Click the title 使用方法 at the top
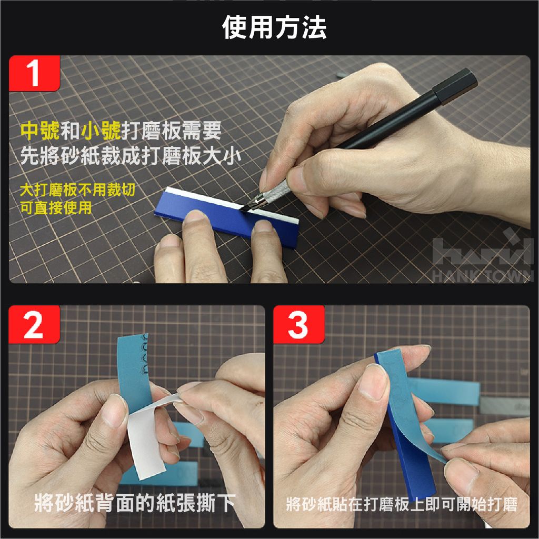(x=274, y=27)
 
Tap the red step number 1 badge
(x=34, y=73)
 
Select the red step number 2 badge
(x=34, y=324)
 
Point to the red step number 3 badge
(x=299, y=324)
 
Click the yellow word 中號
(x=40, y=131)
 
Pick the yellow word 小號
(x=101, y=131)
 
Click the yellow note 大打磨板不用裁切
(x=78, y=189)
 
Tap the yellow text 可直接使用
(x=56, y=207)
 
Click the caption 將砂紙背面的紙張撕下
(x=135, y=503)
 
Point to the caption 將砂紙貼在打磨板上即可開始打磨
(x=402, y=504)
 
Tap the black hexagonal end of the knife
(x=455, y=86)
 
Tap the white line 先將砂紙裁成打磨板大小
(x=131, y=156)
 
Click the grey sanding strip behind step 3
(x=504, y=407)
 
